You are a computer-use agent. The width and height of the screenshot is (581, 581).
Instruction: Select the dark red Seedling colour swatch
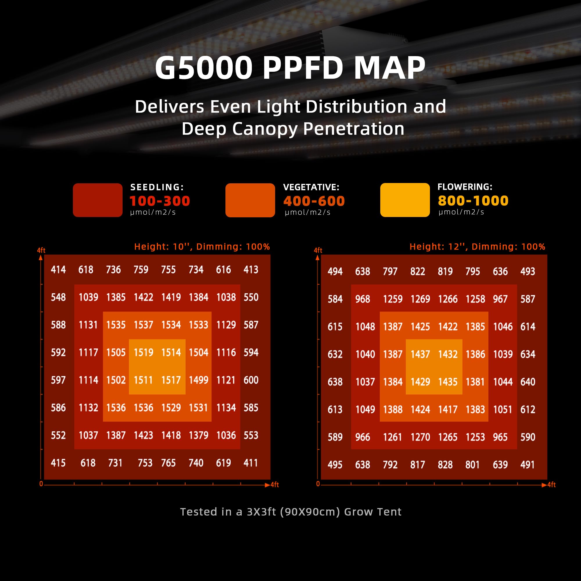97,200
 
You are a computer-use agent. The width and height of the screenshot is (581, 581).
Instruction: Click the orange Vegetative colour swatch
250,200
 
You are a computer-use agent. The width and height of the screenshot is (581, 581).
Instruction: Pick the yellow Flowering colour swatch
405,200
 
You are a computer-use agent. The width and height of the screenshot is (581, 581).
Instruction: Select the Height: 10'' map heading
202,247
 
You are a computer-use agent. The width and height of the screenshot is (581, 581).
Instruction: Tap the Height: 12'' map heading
477,247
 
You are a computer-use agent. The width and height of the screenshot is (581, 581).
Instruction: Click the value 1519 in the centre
144,352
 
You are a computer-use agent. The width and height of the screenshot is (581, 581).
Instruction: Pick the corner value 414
58,270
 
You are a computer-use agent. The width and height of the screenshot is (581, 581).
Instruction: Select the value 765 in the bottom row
168,463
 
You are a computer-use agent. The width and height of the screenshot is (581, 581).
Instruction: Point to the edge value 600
251,380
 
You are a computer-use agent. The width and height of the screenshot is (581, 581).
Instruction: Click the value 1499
198,380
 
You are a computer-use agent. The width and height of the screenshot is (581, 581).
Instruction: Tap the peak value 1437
420,354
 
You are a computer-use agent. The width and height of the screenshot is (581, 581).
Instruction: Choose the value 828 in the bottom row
445,465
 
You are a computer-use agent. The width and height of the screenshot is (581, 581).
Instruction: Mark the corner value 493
528,272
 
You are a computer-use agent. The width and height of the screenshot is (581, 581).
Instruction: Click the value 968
362,299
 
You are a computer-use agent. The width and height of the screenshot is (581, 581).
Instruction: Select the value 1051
503,410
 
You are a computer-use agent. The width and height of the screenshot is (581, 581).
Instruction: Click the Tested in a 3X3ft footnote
290,512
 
